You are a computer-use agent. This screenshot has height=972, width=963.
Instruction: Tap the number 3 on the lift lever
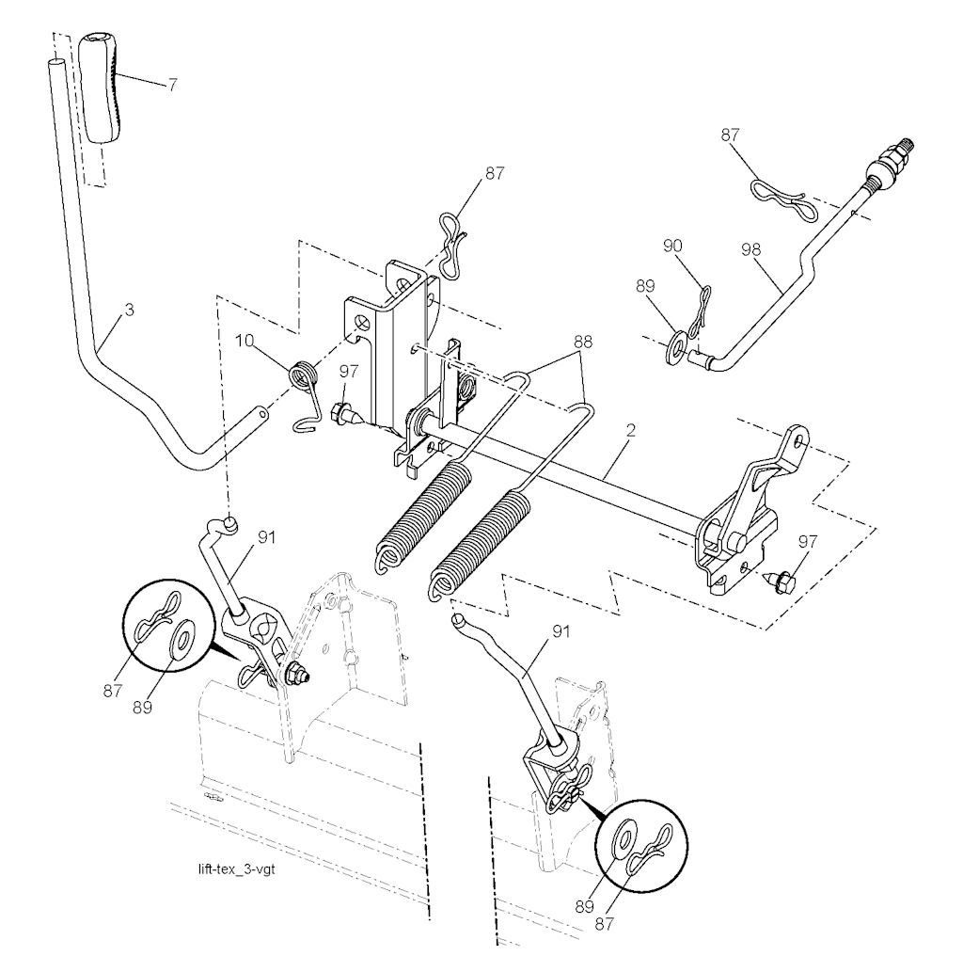130,309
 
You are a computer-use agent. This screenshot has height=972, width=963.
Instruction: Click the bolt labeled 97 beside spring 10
344,413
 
